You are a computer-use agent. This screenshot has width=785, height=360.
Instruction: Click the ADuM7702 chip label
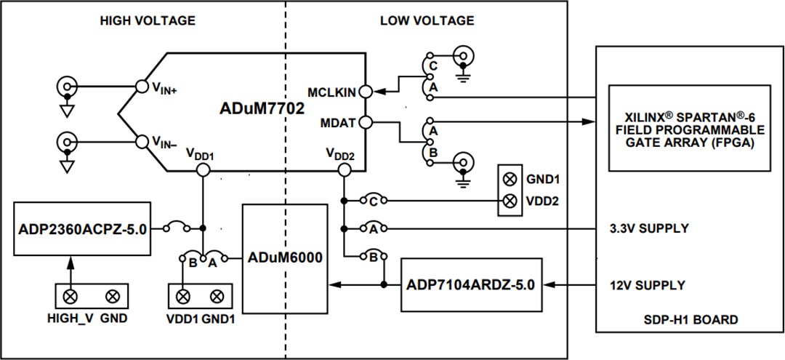click(262, 109)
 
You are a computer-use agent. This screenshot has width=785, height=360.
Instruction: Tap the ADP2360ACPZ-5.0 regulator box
click(81, 228)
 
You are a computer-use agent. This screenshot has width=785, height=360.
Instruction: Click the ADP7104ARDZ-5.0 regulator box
click(470, 284)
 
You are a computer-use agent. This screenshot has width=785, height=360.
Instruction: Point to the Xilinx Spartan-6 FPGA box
click(689, 129)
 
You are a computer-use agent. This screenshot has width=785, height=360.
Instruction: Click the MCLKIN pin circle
click(366, 92)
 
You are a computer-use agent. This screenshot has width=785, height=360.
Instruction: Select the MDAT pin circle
click(366, 123)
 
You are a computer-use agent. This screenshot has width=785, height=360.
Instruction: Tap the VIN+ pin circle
click(142, 87)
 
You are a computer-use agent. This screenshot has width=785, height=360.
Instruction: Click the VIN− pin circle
click(142, 140)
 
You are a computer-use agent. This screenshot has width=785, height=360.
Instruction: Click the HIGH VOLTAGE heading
click(148, 21)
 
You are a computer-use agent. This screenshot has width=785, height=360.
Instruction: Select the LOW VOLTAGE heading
click(427, 21)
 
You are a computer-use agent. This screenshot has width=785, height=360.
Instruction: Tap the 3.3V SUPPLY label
click(649, 228)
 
